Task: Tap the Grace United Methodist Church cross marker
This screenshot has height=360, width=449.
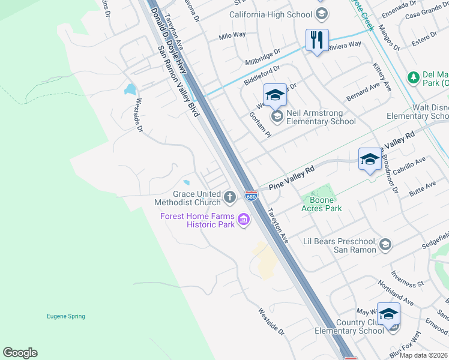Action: pos(229,197)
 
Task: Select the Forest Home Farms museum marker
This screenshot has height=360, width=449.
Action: pos(244,220)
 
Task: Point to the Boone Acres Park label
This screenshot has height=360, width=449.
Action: pos(325,204)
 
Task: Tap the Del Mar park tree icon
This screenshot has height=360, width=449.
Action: pos(413,77)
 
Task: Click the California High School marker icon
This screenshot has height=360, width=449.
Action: pos(321,14)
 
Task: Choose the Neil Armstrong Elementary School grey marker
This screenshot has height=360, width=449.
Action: pos(277,116)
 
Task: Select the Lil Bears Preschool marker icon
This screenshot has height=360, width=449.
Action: pos(385,244)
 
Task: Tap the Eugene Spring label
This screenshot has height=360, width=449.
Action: pos(66,316)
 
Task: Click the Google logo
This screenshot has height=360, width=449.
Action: pos(20,353)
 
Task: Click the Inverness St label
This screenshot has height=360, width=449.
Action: pos(408,279)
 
